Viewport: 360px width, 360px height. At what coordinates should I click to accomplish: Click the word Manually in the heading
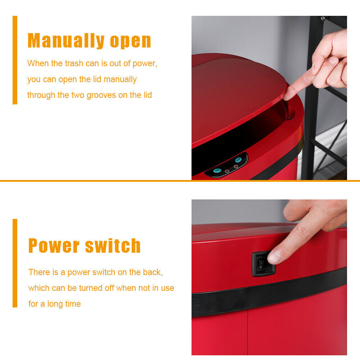pyautogui.click(x=66, y=41)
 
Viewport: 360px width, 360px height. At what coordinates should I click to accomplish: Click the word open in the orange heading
pyautogui.click(x=130, y=42)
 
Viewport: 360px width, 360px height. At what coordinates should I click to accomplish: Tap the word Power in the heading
pyautogui.click(x=54, y=246)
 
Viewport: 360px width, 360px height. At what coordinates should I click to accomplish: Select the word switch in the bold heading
pyautogui.click(x=113, y=246)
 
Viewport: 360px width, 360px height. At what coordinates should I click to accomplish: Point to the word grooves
pyautogui.click(x=101, y=95)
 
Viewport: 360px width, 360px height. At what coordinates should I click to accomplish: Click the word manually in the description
pyautogui.click(x=120, y=80)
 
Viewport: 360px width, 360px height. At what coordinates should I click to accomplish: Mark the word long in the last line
pyautogui.click(x=54, y=304)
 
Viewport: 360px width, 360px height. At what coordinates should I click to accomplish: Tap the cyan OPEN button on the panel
pyautogui.click(x=217, y=171)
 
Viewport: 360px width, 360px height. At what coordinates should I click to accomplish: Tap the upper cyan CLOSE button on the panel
pyautogui.click(x=238, y=159)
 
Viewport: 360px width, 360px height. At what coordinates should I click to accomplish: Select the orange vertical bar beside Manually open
pyautogui.click(x=15, y=60)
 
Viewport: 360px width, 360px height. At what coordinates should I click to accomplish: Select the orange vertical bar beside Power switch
pyautogui.click(x=15, y=263)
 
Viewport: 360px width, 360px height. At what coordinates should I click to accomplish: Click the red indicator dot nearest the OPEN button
pyautogui.click(x=227, y=171)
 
